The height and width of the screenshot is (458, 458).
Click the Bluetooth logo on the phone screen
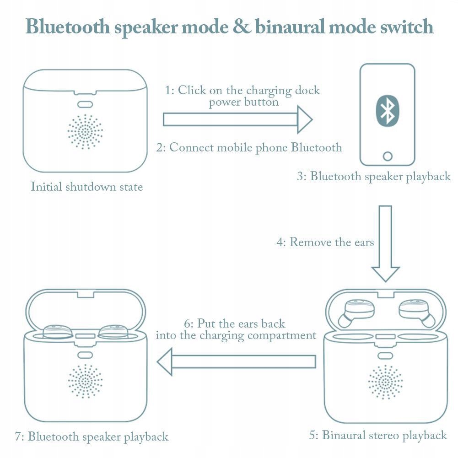(388, 111)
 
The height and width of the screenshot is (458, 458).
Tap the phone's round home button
(388, 156)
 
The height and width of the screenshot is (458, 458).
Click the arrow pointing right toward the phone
(237, 120)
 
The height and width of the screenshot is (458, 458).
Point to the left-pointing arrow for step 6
(236, 361)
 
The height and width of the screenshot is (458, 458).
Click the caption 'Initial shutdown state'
(87, 187)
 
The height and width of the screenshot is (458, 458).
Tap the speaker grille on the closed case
(85, 132)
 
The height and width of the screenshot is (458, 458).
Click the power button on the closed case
(85, 104)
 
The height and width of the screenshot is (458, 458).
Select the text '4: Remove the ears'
(325, 242)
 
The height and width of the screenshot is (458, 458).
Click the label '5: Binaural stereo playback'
(378, 435)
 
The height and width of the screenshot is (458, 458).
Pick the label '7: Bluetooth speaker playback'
(92, 437)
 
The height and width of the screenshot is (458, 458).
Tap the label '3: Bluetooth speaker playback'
(374, 177)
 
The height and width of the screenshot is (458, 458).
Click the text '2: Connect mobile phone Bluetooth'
(249, 148)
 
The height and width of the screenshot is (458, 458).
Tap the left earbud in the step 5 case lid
(356, 311)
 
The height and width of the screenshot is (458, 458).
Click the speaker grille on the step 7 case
(85, 381)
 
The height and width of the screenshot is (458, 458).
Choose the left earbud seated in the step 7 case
(58, 331)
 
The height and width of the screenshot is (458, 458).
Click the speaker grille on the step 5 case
(385, 381)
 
